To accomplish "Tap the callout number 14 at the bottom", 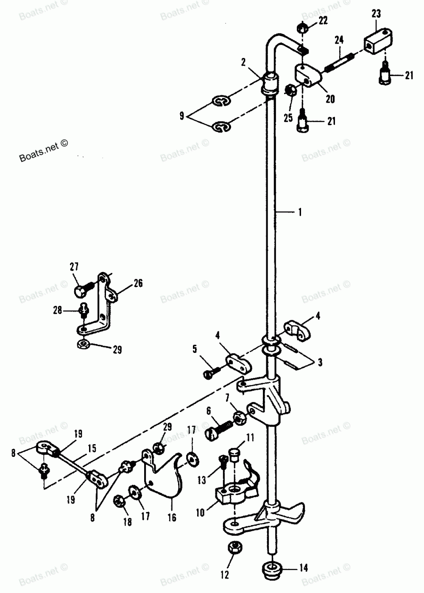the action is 304,568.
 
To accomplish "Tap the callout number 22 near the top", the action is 323,21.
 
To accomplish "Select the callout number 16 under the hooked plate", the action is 172,517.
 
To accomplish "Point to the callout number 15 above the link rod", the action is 92,448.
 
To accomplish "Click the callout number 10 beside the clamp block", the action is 201,512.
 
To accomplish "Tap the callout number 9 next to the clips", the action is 182,115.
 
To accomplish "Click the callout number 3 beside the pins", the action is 320,362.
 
